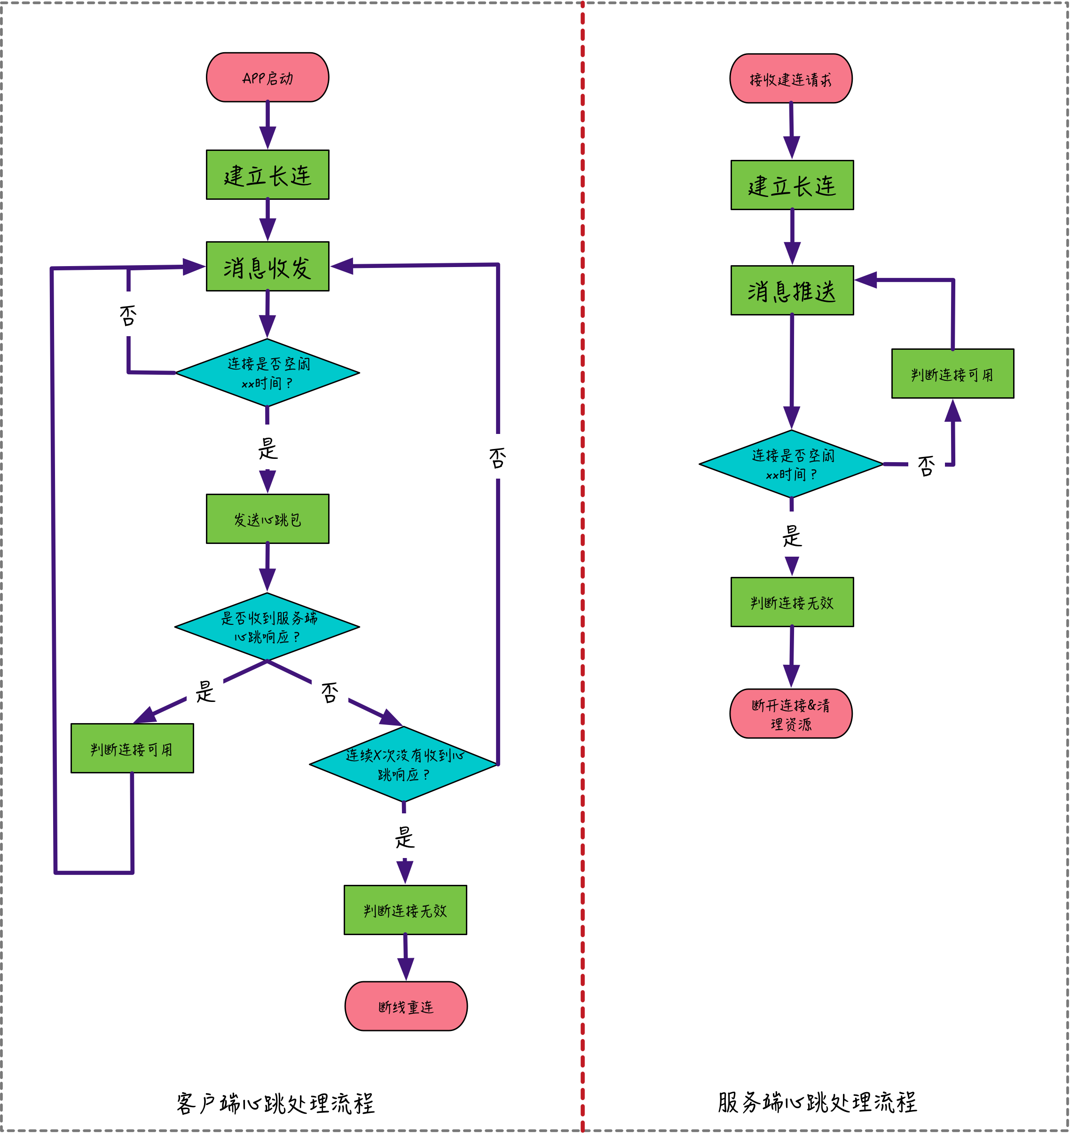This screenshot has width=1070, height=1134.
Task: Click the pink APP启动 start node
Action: (267, 78)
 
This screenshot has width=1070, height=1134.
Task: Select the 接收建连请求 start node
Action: (791, 79)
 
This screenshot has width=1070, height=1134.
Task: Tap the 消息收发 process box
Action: (267, 267)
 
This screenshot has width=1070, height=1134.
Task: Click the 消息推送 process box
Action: (792, 291)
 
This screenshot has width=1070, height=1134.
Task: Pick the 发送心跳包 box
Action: (267, 519)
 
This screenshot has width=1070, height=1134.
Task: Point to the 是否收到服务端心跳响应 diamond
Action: (267, 627)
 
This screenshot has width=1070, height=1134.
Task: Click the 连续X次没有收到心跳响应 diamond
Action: (404, 764)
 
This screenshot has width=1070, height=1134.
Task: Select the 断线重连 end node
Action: (406, 1006)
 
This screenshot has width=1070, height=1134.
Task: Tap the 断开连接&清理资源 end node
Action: (791, 714)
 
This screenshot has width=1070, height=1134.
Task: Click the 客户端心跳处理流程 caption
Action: (275, 1103)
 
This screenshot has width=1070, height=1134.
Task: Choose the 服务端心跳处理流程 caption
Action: (817, 1102)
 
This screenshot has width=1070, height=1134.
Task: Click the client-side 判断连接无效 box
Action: (405, 910)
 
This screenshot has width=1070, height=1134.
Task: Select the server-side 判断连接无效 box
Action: (792, 602)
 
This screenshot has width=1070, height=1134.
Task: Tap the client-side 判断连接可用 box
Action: (132, 748)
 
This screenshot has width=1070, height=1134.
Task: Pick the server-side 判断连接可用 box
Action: (952, 374)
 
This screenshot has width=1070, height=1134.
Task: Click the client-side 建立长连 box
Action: (267, 174)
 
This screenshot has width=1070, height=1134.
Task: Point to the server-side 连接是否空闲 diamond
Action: (792, 464)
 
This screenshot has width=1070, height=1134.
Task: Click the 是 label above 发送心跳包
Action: (267, 449)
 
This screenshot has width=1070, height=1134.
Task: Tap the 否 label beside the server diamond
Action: (926, 465)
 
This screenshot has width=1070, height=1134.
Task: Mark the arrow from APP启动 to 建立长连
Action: (267, 126)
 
